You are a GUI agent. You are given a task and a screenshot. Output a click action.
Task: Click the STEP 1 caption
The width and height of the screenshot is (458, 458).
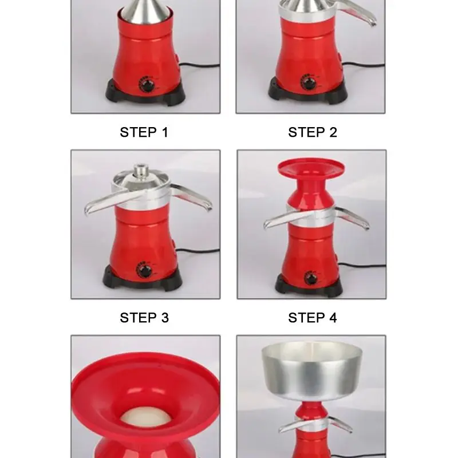[144, 132]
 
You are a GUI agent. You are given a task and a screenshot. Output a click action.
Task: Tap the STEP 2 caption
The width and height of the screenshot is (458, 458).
[313, 132]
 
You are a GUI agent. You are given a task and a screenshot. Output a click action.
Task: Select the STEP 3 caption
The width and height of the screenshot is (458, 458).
[144, 318]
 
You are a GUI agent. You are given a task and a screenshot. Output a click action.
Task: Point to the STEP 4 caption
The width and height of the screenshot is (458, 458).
[313, 318]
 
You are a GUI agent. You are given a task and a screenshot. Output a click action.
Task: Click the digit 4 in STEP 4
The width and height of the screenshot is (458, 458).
[333, 318]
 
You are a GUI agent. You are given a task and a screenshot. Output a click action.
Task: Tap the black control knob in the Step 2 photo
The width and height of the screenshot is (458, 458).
[309, 83]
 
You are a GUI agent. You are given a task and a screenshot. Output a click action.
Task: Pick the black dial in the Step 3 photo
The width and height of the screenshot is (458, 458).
[144, 271]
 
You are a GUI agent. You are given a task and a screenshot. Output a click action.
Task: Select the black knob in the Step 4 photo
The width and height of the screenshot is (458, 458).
[310, 278]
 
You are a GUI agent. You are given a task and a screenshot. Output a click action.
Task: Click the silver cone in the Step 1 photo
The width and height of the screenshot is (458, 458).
[146, 9]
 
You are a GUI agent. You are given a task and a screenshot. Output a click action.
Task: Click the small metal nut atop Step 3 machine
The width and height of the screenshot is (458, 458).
[141, 170]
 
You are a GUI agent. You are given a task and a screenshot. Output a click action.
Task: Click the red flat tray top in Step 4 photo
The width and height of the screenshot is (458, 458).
[311, 168]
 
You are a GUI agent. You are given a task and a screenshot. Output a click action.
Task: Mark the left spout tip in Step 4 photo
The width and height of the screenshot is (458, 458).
[266, 225]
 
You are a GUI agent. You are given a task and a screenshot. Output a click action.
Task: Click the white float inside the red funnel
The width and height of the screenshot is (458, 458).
[146, 416]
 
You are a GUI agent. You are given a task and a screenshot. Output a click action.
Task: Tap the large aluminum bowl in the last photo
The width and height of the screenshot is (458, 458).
[312, 370]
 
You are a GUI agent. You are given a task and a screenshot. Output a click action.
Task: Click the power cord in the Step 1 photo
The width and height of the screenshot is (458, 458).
[199, 66]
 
